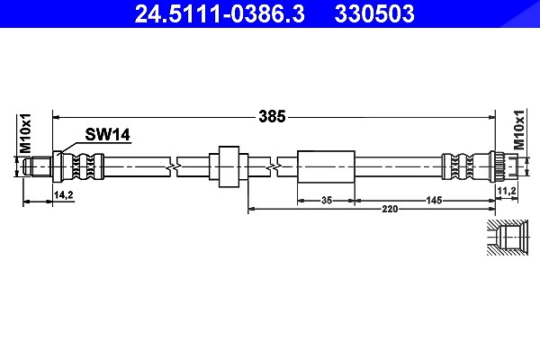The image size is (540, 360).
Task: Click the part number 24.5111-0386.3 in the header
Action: pos(220,13)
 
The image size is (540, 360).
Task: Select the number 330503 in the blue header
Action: pos(374,13)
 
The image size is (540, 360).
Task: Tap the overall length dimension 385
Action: pos(272,117)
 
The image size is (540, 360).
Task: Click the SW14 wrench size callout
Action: pos(107,134)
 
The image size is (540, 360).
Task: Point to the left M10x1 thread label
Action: pos(25,133)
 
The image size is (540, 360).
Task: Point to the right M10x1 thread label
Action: pos(518,130)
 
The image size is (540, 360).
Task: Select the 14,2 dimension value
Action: pos(64,195)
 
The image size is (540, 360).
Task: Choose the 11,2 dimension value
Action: pos(507,190)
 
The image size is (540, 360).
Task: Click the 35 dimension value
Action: pos(326,200)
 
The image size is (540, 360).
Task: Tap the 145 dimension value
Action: pos(434,200)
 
